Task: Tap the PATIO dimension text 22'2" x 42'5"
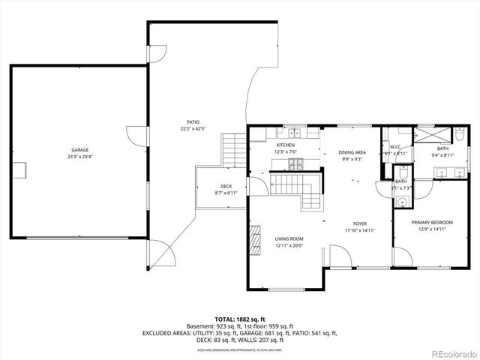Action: pos(193,129)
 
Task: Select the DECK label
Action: pos(226,186)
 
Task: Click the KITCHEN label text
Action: pos(285,145)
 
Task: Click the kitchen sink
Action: pos(295,133)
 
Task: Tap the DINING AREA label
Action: pos(352,151)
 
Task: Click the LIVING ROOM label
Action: pos(287,238)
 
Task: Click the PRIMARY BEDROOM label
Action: pos(432,223)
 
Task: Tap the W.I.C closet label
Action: pos(394,147)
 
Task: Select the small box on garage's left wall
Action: pos(25,169)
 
